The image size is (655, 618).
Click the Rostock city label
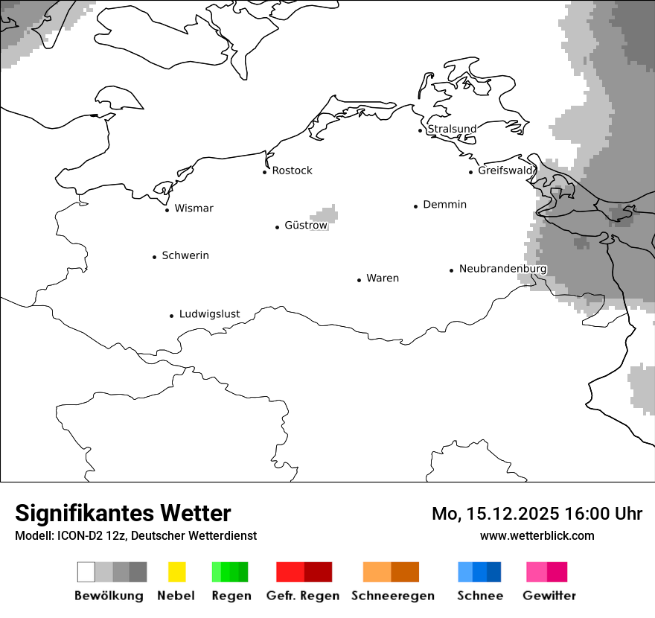[292, 171]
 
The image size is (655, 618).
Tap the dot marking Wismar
[167, 210]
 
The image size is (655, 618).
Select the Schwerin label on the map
[185, 255]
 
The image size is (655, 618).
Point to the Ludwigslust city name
[209, 314]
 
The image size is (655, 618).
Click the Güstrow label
[306, 225]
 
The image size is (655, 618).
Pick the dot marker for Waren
[359, 280]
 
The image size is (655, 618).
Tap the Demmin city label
[444, 204]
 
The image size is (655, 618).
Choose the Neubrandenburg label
[502, 269]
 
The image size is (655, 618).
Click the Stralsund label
[452, 129]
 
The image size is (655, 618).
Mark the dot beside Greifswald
[470, 172]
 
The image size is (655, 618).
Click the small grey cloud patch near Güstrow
[325, 215]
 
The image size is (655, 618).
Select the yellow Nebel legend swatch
[176, 572]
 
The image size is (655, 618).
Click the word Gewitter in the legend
[549, 596]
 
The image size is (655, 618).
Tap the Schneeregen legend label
[393, 596]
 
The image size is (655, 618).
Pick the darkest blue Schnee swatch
[494, 572]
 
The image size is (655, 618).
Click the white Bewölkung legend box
[86, 572]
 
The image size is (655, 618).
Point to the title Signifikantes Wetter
[123, 513]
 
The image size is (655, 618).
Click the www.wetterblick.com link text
[537, 535]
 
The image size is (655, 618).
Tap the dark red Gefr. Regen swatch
[318, 572]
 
